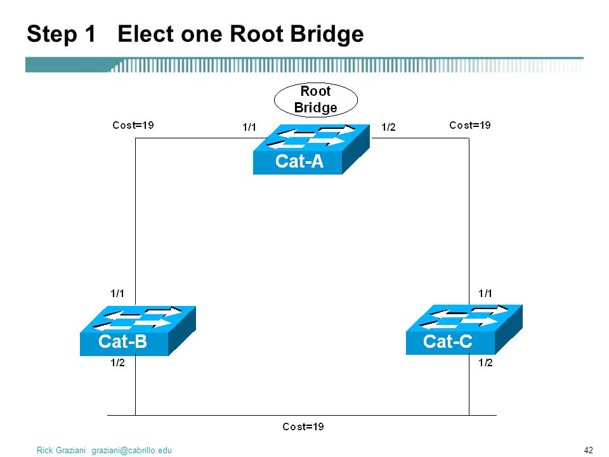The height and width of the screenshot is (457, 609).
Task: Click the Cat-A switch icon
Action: pyautogui.click(x=311, y=149)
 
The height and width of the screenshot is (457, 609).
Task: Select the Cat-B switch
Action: pyautogui.click(x=138, y=331)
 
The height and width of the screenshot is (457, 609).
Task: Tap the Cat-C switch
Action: pyautogui.click(x=464, y=329)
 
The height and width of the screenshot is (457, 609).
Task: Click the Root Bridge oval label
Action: pyautogui.click(x=316, y=100)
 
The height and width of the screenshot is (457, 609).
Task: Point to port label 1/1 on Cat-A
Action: pyautogui.click(x=249, y=127)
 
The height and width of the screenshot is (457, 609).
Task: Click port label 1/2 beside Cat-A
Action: pyautogui.click(x=388, y=127)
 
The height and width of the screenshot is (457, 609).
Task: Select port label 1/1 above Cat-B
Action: pyautogui.click(x=117, y=293)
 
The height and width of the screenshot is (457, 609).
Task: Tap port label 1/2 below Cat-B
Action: pyautogui.click(x=118, y=362)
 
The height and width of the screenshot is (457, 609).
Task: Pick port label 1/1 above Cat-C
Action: pyautogui.click(x=485, y=293)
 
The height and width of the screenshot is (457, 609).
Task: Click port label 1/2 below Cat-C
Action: pyautogui.click(x=485, y=362)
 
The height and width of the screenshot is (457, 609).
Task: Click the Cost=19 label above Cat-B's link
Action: pyautogui.click(x=133, y=125)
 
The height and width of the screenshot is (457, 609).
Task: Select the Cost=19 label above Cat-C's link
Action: pyautogui.click(x=470, y=125)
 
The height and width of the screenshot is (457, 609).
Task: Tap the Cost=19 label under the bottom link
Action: pyautogui.click(x=303, y=427)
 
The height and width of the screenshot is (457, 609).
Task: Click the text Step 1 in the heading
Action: pyautogui.click(x=62, y=34)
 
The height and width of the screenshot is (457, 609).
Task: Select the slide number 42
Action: pyautogui.click(x=589, y=450)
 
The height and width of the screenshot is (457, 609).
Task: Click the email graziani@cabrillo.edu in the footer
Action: pyautogui.click(x=132, y=451)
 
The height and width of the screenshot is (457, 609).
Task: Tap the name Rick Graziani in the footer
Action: pyautogui.click(x=61, y=451)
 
